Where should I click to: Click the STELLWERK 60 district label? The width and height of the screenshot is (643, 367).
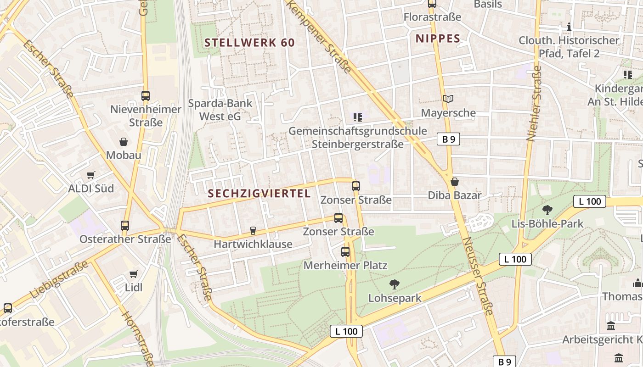pyautogui.click(x=249, y=43)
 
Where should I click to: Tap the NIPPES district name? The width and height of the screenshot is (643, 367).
pyautogui.click(x=438, y=39)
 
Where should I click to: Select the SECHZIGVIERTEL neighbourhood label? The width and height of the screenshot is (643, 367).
pyautogui.click(x=259, y=194)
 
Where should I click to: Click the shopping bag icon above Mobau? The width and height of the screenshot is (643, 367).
pyautogui.click(x=123, y=142)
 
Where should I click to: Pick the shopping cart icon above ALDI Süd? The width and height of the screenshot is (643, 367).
pyautogui.click(x=91, y=175)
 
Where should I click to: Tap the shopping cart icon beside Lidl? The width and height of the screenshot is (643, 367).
pyautogui.click(x=133, y=274)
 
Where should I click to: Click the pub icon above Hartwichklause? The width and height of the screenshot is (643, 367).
pyautogui.click(x=253, y=231)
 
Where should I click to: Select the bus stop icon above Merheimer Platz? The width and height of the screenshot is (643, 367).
pyautogui.click(x=345, y=252)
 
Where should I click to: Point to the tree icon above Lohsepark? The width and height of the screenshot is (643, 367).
pyautogui.click(x=394, y=284)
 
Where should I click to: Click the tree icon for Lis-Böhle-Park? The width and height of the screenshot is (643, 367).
pyautogui.click(x=547, y=210)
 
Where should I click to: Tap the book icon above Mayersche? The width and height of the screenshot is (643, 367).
pyautogui.click(x=448, y=99)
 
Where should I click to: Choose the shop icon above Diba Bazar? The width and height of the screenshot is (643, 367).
pyautogui.click(x=455, y=182)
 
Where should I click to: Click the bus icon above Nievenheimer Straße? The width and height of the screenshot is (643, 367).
pyautogui.click(x=146, y=96)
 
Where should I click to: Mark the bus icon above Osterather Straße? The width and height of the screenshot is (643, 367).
pyautogui.click(x=125, y=226)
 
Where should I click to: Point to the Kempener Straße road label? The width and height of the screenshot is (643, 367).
pyautogui.click(x=320, y=37)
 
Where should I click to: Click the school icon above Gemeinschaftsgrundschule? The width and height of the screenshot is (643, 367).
pyautogui.click(x=358, y=117)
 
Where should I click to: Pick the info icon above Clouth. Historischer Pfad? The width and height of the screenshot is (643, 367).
pyautogui.click(x=569, y=27)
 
